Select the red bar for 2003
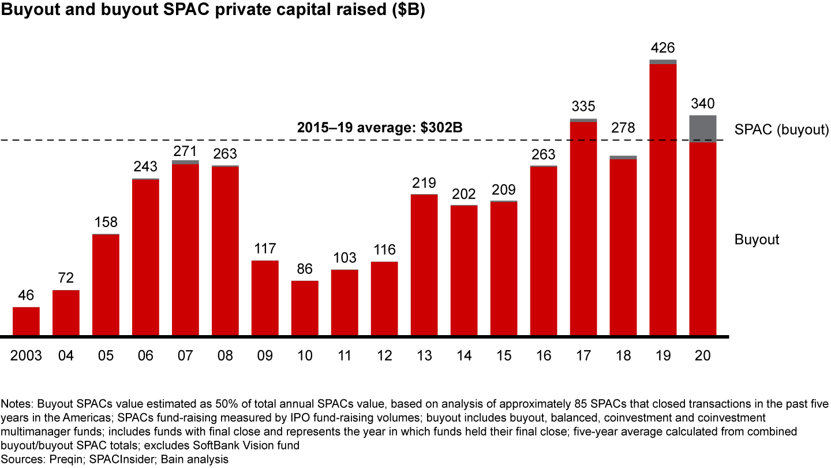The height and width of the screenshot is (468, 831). click(x=26, y=321)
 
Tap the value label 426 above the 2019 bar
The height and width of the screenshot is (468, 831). click(x=662, y=47)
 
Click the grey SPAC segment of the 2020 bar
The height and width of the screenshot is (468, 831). click(x=702, y=128)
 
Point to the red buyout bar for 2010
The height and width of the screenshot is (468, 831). click(x=305, y=308)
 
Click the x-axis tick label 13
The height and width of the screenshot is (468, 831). click(x=424, y=356)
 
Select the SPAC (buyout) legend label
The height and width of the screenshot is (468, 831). click(x=781, y=130)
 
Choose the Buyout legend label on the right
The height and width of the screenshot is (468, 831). click(x=757, y=239)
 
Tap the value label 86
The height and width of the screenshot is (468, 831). click(x=305, y=269)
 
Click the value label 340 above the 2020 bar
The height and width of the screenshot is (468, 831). click(x=702, y=104)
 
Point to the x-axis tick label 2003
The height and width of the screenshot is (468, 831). click(x=26, y=356)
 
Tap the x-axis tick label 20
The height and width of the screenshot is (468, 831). click(x=702, y=356)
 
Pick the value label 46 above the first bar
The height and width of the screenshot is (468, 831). click(x=26, y=295)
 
